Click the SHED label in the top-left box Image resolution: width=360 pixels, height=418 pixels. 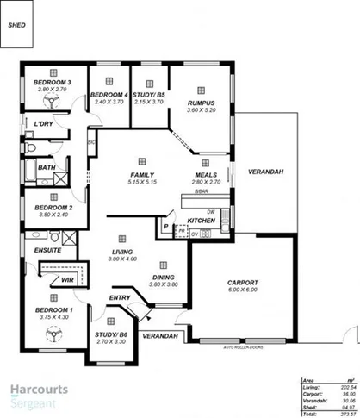[17, 25]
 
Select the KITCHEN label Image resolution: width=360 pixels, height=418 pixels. [201, 221]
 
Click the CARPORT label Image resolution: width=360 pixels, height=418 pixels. [243, 282]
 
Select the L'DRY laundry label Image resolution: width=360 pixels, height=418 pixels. [43, 124]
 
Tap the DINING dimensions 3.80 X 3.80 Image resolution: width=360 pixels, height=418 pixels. [162, 284]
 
